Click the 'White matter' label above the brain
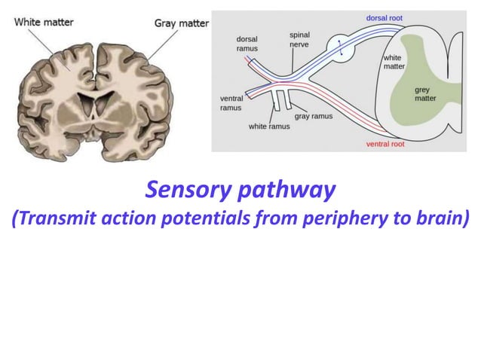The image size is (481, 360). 44,22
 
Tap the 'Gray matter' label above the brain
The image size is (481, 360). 181,23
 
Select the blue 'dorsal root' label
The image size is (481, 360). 384,17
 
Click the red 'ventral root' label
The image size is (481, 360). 385,143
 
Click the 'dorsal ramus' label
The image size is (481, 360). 247,44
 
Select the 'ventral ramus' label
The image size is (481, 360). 231,103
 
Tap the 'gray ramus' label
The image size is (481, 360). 313,117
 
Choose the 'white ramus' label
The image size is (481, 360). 269,127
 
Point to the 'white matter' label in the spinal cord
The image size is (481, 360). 394,62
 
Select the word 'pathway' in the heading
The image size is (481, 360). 286,191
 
